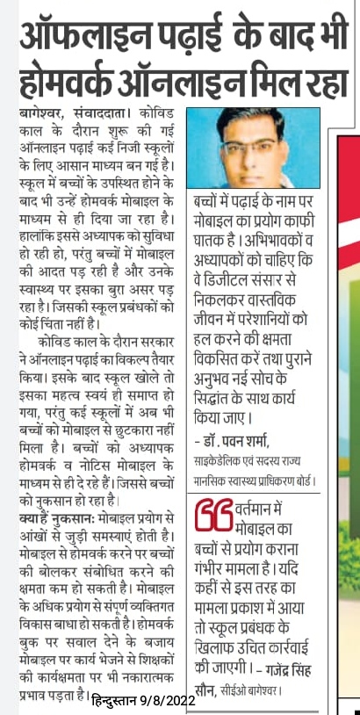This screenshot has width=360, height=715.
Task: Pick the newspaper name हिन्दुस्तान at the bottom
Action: pyautogui.click(x=127, y=700)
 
